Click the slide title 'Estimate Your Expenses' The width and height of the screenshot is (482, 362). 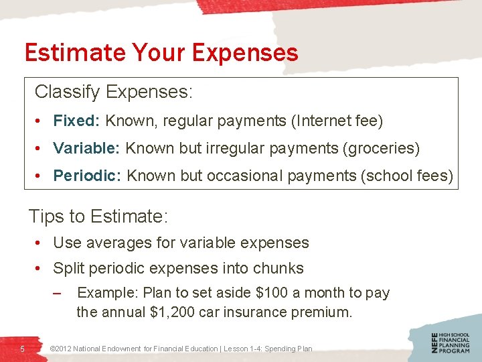click(x=161, y=52)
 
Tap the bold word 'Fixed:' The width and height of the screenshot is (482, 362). click(x=76, y=121)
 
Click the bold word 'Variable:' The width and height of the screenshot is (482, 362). click(x=86, y=148)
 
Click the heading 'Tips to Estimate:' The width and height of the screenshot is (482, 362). click(x=98, y=217)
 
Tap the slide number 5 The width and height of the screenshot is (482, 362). click(x=22, y=349)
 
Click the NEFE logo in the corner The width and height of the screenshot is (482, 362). click(x=451, y=342)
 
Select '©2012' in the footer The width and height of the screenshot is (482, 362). click(x=61, y=349)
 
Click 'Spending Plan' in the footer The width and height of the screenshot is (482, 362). click(x=289, y=349)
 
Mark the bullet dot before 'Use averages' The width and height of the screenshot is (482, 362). click(x=41, y=243)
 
